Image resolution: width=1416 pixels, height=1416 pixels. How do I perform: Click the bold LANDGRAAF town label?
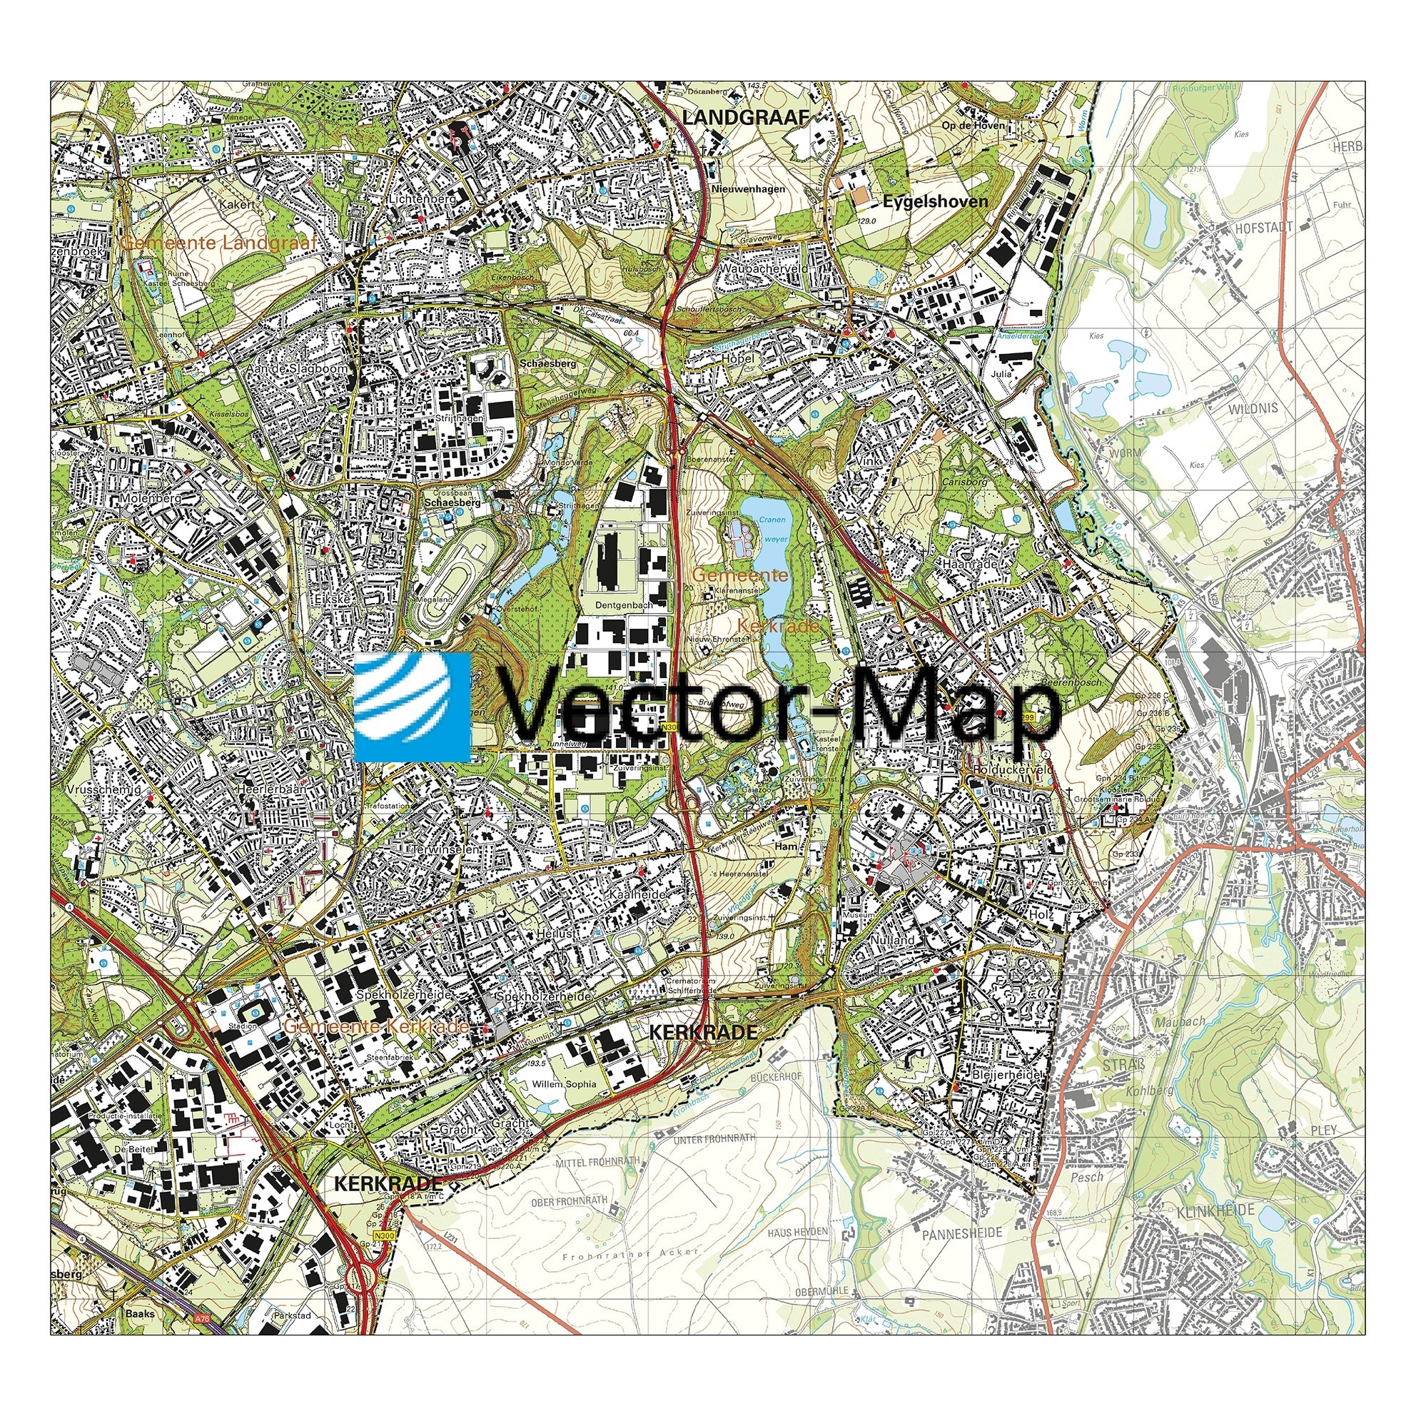[744, 117]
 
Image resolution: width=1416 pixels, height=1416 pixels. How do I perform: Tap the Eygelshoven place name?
[935, 201]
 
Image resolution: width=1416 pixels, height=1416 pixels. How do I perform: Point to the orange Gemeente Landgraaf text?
[218, 242]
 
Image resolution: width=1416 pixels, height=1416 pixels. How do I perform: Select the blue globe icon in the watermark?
[412, 707]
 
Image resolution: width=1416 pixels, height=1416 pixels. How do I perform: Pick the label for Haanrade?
[971, 565]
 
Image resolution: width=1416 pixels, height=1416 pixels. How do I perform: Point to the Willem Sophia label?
[565, 1084]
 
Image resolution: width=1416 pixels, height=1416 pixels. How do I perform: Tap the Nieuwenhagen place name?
[748, 189]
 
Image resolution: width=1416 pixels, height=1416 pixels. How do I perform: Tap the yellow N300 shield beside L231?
[383, 1235]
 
